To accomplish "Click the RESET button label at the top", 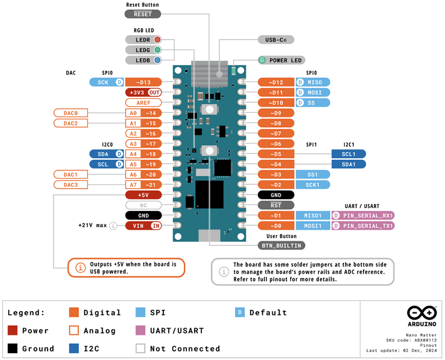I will coord(142,14).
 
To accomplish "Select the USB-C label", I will coord(276,40).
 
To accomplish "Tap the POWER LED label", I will coord(281,60).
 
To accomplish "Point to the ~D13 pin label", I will coord(143,82).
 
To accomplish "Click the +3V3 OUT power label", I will coord(143,93).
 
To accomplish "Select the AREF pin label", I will coord(143,103).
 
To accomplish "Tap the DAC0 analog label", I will coord(71,113).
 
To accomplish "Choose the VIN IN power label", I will coord(143,226).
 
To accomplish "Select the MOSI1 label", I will coord(313,226).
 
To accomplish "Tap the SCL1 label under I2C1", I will coord(349,154).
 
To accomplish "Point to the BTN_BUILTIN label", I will coord(282,245).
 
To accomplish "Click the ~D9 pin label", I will coord(276,113).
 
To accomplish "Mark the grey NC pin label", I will coord(143,205).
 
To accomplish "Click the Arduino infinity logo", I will coord(422,313).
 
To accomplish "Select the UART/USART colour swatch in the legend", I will coord(140,331).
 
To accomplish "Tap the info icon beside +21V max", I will coord(113,226).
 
